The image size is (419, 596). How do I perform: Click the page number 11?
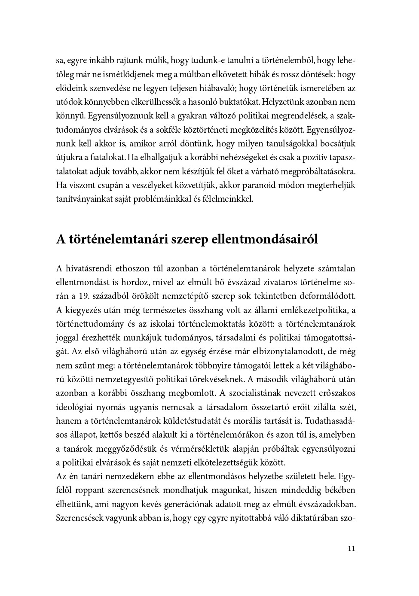[351, 548]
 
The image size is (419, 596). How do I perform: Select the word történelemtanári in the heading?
[109, 239]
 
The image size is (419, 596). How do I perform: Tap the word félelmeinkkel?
[230, 199]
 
